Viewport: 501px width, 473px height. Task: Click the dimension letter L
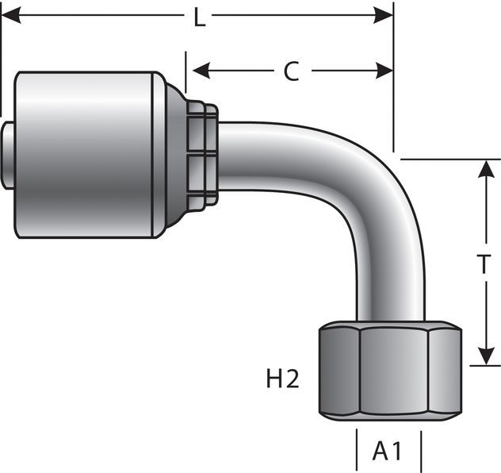[199, 17]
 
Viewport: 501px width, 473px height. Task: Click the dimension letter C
[291, 71]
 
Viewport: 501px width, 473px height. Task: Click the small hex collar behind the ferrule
[202, 154]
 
